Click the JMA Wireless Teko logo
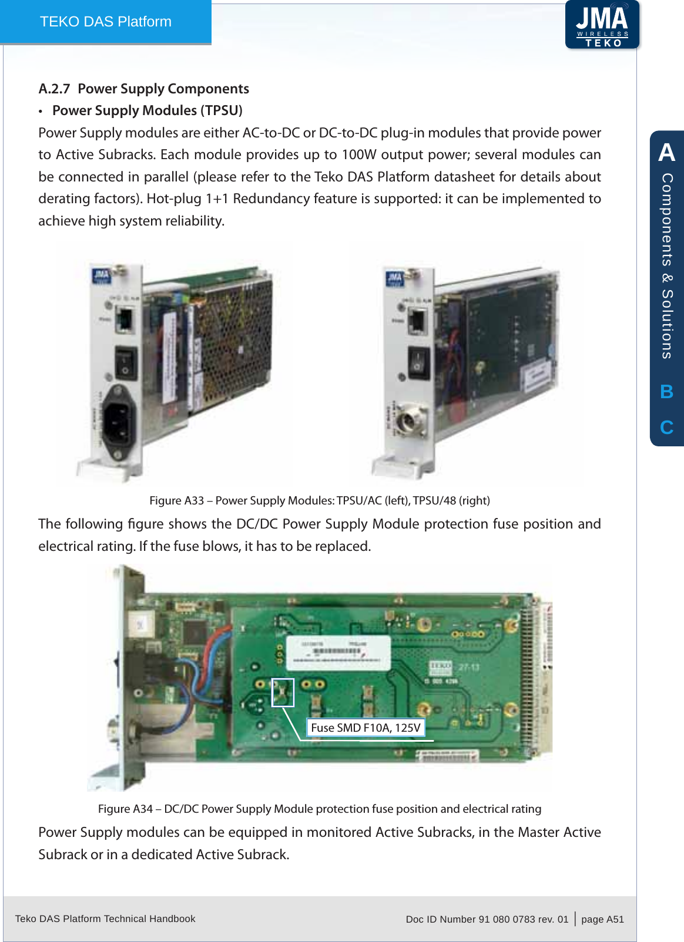click(602, 25)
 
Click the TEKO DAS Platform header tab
click(106, 22)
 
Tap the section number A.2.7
click(54, 89)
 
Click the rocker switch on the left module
click(125, 362)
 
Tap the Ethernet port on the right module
click(417, 321)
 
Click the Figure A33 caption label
click(176, 500)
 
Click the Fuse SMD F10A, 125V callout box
click(366, 728)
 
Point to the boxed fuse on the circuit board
click(283, 692)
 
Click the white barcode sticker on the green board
click(338, 652)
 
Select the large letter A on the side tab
click(666, 153)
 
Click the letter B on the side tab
click(666, 392)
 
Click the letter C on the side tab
click(666, 427)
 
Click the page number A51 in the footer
click(615, 919)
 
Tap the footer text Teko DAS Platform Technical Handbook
click(105, 919)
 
